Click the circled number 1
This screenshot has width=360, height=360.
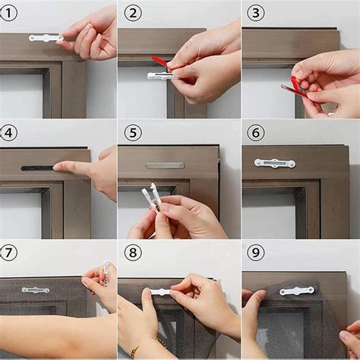click(x=9, y=12)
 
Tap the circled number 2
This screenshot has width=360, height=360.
click(x=133, y=12)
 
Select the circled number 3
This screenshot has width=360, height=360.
click(x=256, y=12)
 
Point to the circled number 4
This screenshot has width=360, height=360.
click(x=9, y=133)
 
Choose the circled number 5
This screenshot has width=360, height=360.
click(x=133, y=133)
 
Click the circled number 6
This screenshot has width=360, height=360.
click(x=256, y=133)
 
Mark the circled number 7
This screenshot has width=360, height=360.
click(x=9, y=253)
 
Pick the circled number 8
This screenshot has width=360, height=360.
click(x=133, y=253)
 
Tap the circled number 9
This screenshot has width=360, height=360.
click(x=256, y=253)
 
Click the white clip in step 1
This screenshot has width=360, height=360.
click(x=46, y=37)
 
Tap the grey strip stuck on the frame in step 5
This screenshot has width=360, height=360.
click(x=165, y=165)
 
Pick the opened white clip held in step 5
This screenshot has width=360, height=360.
click(x=152, y=199)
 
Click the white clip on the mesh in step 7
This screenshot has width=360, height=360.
click(x=35, y=290)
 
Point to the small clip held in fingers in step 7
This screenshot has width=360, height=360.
click(x=107, y=270)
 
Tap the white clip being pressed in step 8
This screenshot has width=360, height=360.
click(x=161, y=292)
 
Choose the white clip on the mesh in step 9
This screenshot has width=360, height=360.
click(x=296, y=291)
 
